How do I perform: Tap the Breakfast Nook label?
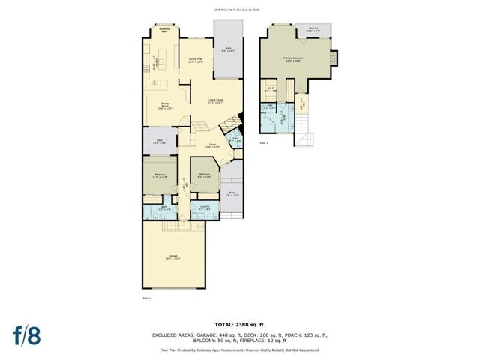click(x=163, y=31)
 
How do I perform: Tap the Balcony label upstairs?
click(x=313, y=29)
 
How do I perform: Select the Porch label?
click(x=232, y=193)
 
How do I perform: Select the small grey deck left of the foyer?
click(x=160, y=140)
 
